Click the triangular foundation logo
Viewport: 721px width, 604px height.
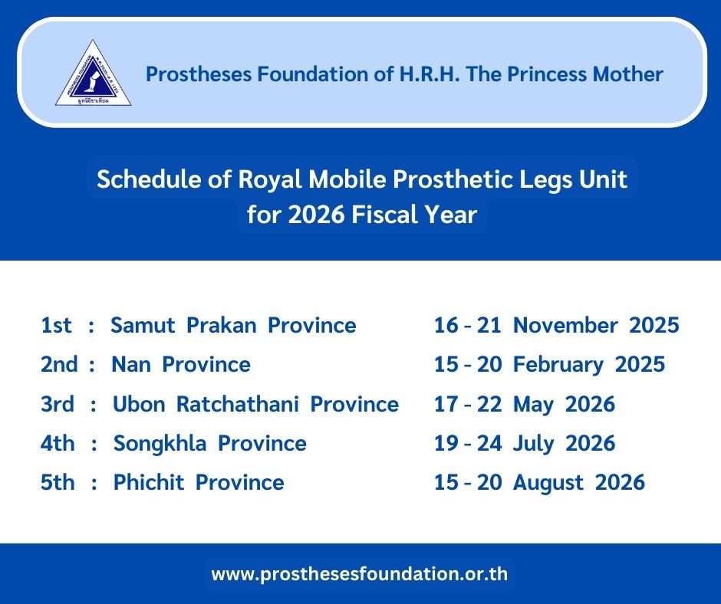point(94,74)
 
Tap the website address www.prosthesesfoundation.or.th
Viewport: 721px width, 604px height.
point(360,573)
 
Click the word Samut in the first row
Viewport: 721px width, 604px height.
point(143,325)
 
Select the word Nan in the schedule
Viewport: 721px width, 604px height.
point(131,365)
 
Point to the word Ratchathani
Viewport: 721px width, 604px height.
point(238,404)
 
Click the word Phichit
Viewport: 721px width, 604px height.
point(149,483)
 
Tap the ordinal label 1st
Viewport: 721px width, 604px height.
point(56,325)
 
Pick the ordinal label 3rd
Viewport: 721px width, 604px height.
point(58,404)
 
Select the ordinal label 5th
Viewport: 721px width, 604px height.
point(58,483)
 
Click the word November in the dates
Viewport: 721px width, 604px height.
point(565,325)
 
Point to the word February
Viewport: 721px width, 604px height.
point(558,365)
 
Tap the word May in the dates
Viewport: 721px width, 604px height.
point(533,405)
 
